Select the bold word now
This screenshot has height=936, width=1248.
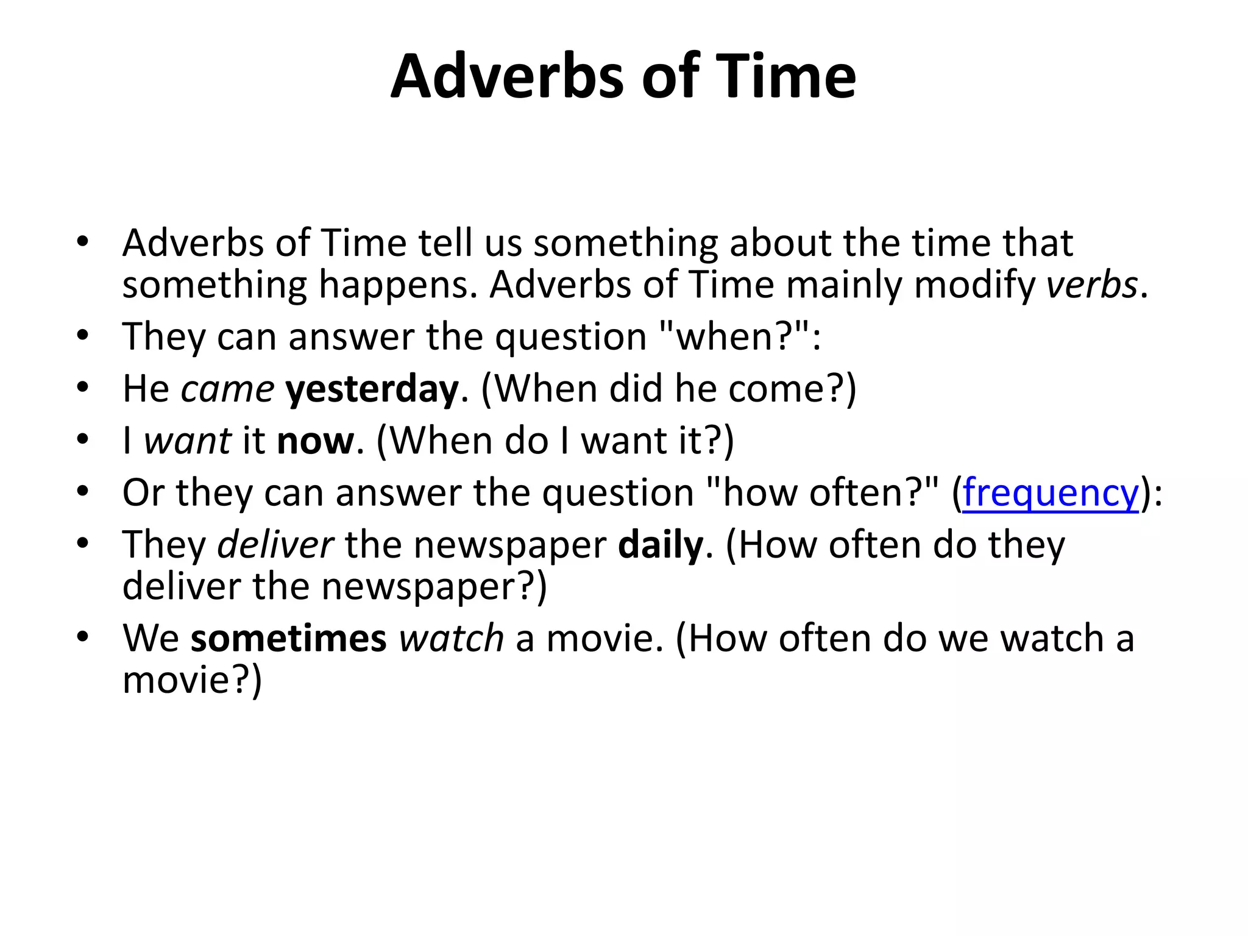[x=315, y=441]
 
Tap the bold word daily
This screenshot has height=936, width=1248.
[x=661, y=545]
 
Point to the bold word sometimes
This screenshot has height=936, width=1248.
[x=288, y=639]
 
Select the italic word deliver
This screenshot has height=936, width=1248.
[x=275, y=545]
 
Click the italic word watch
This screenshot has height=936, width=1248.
[x=452, y=639]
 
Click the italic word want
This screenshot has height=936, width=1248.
[x=188, y=441]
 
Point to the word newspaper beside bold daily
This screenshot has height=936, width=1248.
[x=510, y=545]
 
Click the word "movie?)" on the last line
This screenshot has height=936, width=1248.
[x=192, y=680]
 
